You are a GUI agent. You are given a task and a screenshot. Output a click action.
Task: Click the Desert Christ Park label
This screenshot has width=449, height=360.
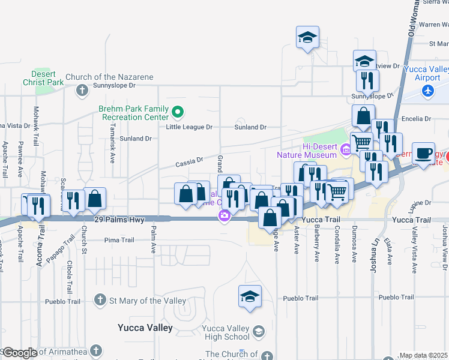[x=43, y=77]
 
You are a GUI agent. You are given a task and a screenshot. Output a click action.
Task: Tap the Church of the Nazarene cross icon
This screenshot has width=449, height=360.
[x=83, y=91]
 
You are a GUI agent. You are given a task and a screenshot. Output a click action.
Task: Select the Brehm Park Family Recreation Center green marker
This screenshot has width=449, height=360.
[x=178, y=112]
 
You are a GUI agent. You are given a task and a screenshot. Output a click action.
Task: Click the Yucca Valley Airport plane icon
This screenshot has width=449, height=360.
[x=427, y=91]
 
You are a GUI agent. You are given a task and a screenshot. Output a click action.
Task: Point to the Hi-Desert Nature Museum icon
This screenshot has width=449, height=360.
[x=345, y=149]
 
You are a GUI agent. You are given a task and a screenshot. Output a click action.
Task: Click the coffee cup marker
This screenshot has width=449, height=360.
[x=423, y=154]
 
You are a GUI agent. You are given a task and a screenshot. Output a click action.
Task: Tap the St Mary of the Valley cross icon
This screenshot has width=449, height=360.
[x=100, y=300]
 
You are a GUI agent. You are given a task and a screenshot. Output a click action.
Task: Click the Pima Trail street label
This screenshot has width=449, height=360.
[x=119, y=240]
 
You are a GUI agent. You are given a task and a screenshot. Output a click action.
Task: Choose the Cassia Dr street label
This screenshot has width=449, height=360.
[x=190, y=161]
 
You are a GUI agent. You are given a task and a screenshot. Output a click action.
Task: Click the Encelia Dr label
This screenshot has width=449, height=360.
[x=419, y=119]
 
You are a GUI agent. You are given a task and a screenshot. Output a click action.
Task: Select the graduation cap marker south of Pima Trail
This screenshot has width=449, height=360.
[x=250, y=296]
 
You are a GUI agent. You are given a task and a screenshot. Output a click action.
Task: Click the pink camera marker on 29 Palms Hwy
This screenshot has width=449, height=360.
[x=224, y=215]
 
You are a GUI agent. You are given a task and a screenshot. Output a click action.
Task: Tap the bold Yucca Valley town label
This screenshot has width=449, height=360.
[x=145, y=328]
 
